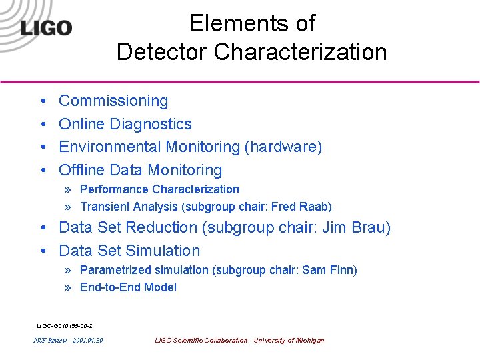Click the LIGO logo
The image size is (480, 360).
[x=46, y=27]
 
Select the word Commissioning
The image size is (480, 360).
[x=113, y=101]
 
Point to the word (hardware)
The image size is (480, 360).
[x=283, y=147]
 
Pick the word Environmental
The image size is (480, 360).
[x=110, y=147]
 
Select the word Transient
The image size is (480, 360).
[x=103, y=207]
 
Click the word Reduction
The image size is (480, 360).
[x=162, y=227]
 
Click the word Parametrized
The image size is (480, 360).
[x=115, y=270]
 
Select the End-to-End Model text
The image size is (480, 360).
[x=128, y=287]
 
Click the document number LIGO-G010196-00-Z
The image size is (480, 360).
[x=64, y=326]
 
